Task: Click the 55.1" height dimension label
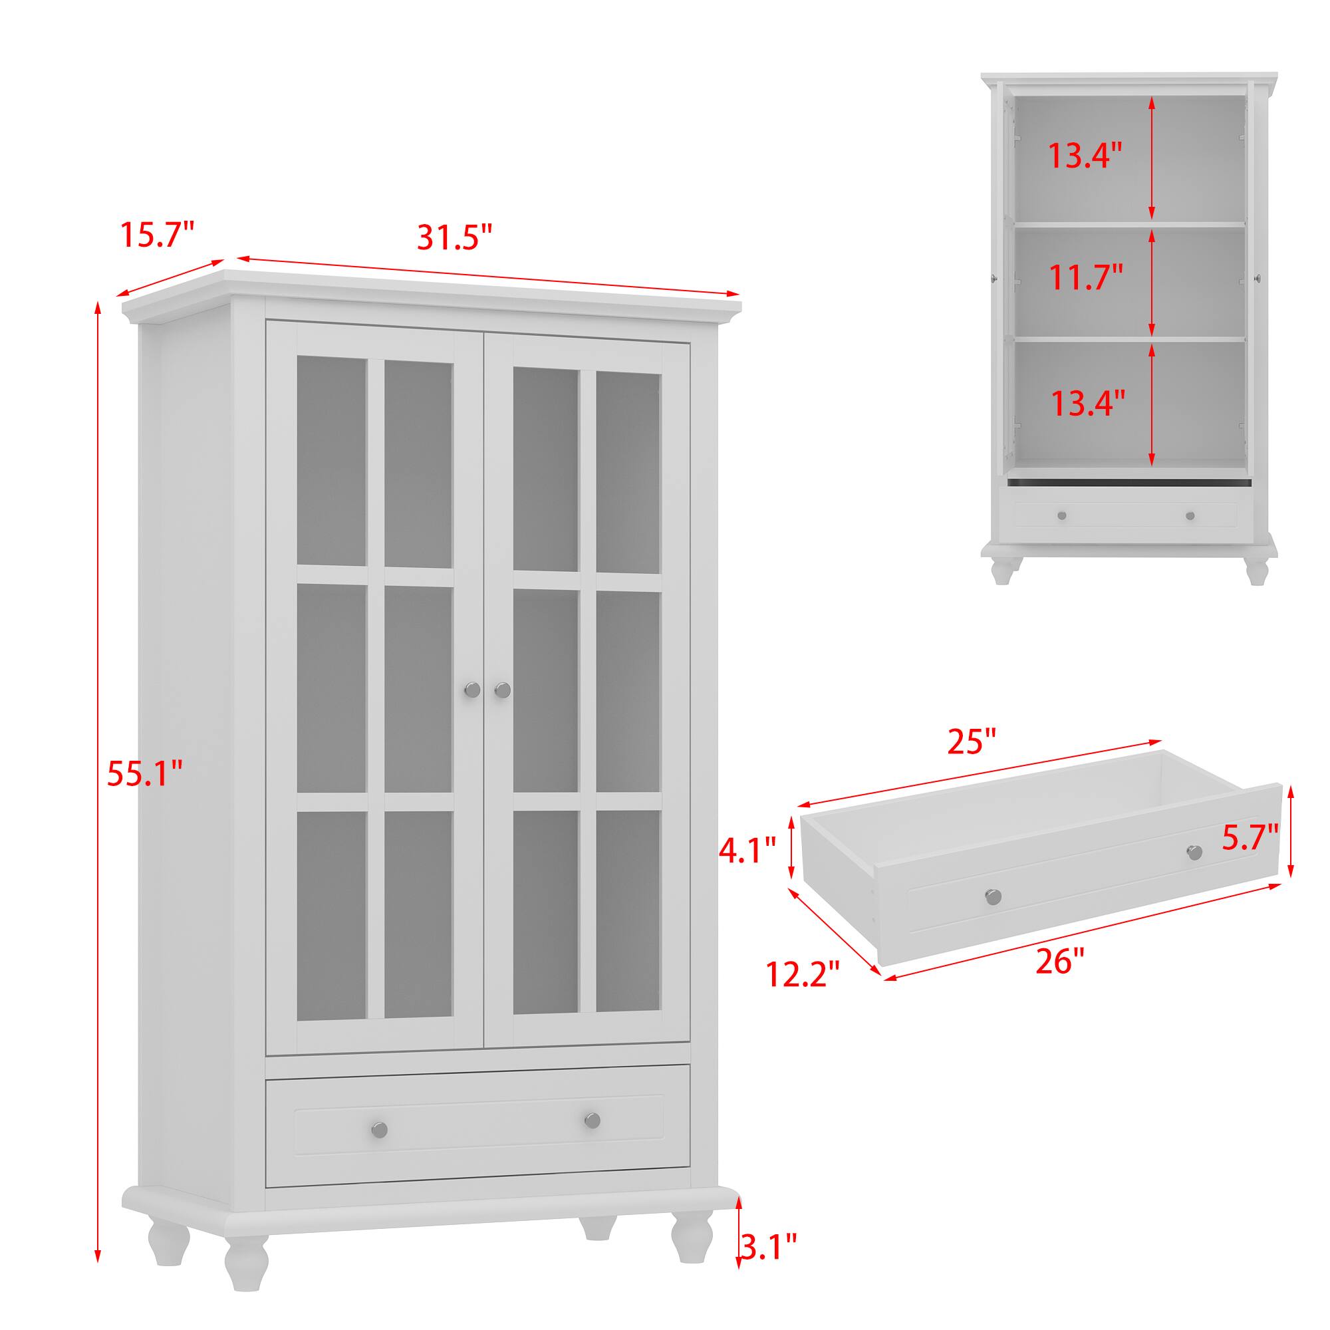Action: [145, 775]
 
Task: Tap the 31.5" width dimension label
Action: [455, 237]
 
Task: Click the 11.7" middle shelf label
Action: [1086, 277]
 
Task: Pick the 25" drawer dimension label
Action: [972, 742]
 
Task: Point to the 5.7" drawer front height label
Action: [1250, 839]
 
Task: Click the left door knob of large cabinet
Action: [471, 689]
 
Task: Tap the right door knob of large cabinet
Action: [503, 689]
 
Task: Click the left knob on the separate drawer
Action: [993, 897]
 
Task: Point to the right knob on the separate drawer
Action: [1194, 853]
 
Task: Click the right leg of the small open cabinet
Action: [1257, 571]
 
